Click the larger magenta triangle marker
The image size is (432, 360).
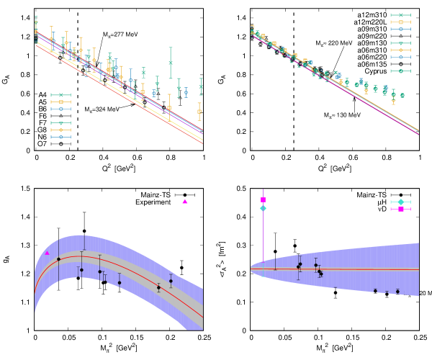(185, 202)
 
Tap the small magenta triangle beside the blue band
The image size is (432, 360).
(48, 253)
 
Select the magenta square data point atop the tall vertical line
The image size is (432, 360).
(263, 199)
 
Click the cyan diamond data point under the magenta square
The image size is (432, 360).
(263, 208)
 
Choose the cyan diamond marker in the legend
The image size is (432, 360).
(400, 202)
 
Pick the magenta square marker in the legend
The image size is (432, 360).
(400, 210)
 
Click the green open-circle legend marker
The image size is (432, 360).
(400, 71)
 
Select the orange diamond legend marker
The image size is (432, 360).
(400, 50)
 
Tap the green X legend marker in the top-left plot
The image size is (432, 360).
(60, 95)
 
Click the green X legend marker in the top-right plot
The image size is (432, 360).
(400, 15)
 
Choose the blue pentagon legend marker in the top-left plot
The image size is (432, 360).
(60, 137)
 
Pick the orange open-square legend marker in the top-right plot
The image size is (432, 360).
(400, 22)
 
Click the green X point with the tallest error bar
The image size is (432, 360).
(171, 63)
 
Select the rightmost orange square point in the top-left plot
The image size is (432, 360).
(199, 111)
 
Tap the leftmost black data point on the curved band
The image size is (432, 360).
(58, 259)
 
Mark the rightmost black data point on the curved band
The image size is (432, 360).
(171, 281)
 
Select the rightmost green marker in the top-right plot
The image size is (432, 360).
(402, 95)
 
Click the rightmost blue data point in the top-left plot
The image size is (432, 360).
(186, 92)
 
